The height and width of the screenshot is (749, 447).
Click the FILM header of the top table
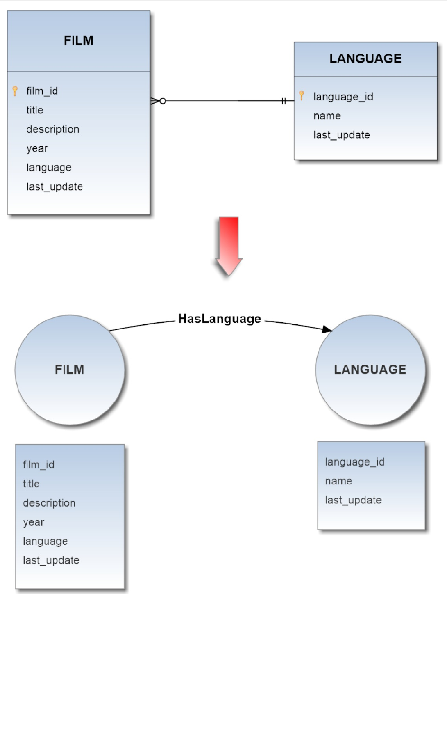[x=79, y=41]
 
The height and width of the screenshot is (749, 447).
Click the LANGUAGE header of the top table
[x=365, y=59]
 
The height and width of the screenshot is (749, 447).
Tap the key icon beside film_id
[x=15, y=91]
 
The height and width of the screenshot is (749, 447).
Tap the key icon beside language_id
[x=301, y=96]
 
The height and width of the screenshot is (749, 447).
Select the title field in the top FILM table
[x=35, y=110]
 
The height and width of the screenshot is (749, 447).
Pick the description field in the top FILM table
[x=53, y=129]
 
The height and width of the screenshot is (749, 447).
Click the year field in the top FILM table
[x=37, y=148]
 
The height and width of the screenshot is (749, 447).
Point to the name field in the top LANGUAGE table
[x=327, y=116]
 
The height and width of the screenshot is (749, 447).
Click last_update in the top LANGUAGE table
[x=341, y=135]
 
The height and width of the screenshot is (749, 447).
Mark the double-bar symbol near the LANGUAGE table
[x=283, y=101]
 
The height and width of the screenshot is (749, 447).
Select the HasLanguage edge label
[x=219, y=319]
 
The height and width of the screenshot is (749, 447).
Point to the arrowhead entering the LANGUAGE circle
[x=327, y=329]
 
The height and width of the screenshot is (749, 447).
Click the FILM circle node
[x=70, y=370]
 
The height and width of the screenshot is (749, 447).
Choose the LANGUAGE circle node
[x=370, y=370]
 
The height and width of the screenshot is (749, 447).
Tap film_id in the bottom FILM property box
[x=38, y=465]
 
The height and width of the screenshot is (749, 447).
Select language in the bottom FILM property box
[x=45, y=541]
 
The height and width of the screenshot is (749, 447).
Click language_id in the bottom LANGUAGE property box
[x=355, y=462]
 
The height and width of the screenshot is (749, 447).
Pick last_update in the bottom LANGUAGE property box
[x=353, y=500]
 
